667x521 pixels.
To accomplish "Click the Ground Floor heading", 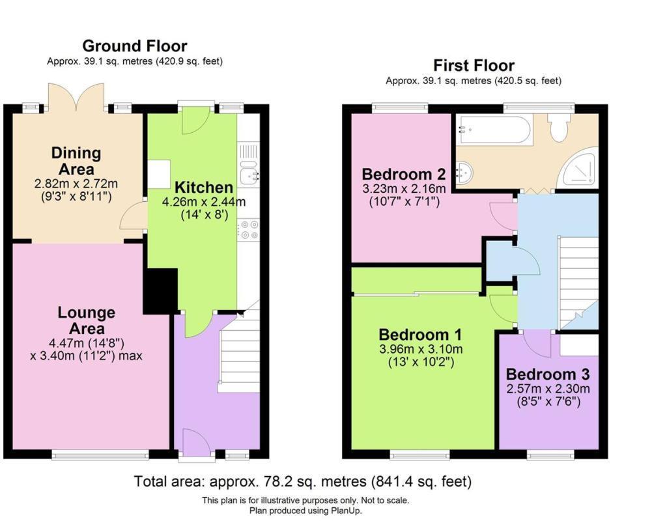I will [135, 46].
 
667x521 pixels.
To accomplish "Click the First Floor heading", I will [474, 65].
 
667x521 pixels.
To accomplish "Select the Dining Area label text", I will [77, 161].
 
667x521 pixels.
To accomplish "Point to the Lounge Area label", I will [86, 320].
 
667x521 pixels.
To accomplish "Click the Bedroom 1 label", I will [421, 335].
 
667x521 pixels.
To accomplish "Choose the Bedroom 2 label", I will [404, 174].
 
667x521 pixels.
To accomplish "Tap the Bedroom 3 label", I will [548, 374].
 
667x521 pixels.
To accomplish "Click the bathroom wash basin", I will [464, 173].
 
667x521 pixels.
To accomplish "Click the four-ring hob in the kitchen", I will [249, 230].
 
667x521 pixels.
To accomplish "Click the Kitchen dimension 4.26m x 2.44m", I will [203, 202].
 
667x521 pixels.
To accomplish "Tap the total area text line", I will [302, 482].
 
